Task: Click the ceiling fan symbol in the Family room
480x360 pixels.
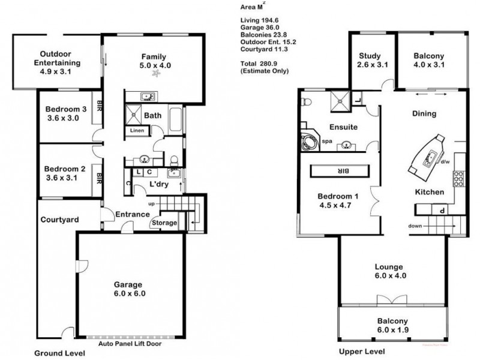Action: (157, 74)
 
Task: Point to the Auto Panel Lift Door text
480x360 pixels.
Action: (132, 344)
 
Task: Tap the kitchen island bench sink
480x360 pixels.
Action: (430, 157)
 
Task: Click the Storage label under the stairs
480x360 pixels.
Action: (164, 223)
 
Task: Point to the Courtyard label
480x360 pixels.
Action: (60, 220)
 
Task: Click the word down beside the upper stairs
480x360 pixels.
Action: (414, 226)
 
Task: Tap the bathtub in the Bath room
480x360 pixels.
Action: (176, 119)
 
